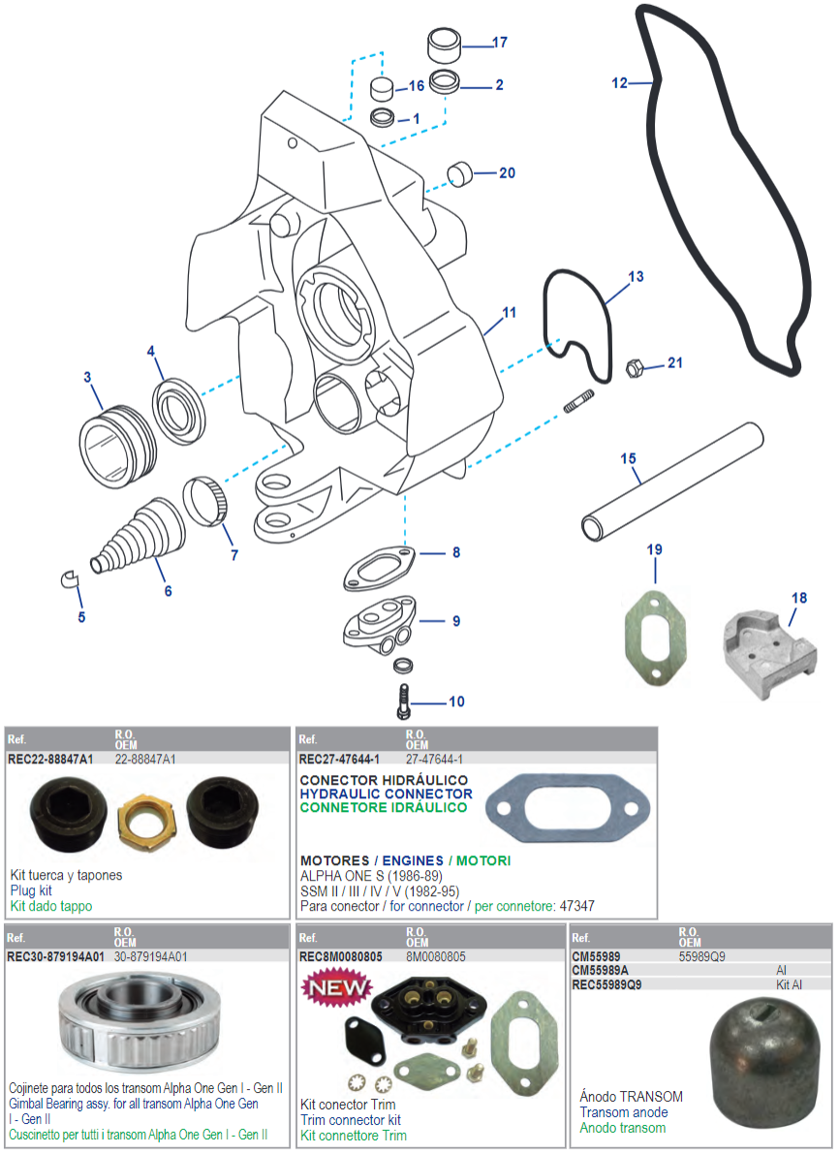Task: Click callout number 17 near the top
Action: tap(500, 43)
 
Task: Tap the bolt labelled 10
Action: tap(404, 700)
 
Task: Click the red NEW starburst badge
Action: tap(338, 988)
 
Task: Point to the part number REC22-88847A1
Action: tap(50, 759)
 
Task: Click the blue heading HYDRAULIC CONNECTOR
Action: tap(386, 794)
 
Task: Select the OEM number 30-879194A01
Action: tap(150, 956)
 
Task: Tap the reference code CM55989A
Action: tap(601, 970)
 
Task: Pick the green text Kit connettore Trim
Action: tap(353, 1135)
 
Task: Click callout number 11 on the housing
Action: tap(509, 313)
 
